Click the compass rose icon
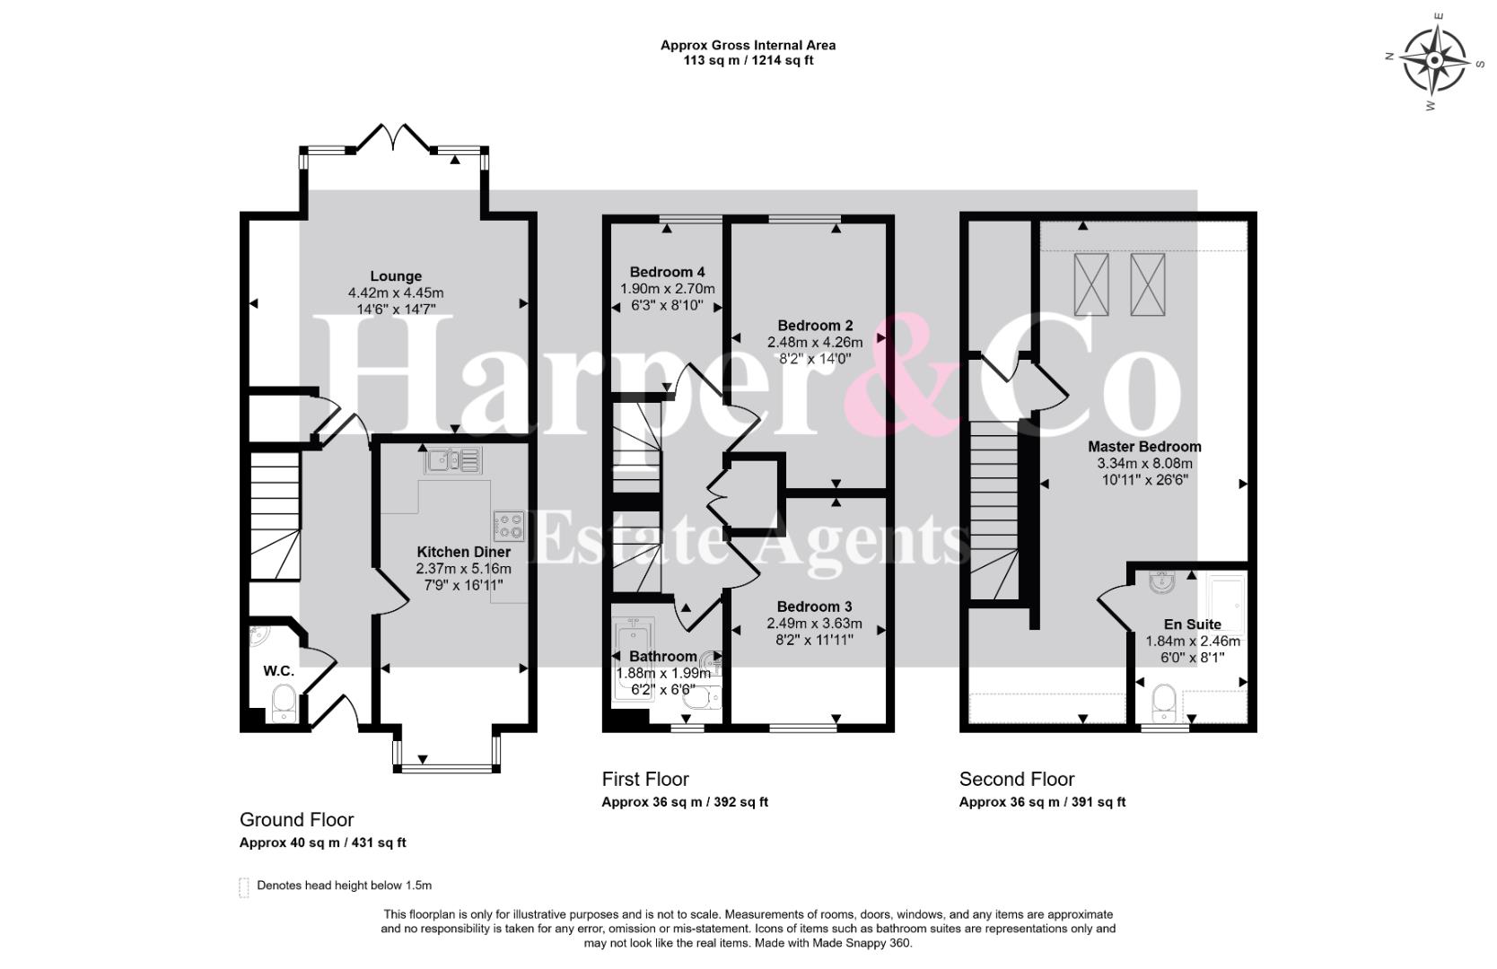point(1434,61)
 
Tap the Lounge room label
point(396,276)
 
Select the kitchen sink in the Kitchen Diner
point(453,459)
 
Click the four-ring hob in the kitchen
point(509,526)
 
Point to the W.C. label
point(278,671)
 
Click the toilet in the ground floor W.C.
point(284,703)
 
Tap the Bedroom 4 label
point(667,272)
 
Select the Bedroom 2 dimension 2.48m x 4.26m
point(815,342)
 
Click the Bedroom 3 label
point(814,607)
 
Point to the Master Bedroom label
point(1144,447)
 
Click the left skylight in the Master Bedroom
point(1091,284)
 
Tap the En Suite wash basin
point(1162,582)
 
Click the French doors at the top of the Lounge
point(394,137)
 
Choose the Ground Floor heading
point(297,819)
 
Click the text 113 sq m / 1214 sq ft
point(748,61)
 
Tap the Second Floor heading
point(1017,779)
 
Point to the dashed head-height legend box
point(244,887)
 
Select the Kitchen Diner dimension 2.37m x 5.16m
point(463,569)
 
